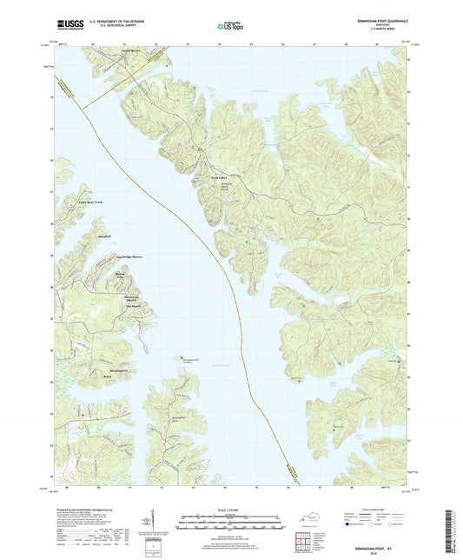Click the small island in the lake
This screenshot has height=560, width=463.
pos(171,355)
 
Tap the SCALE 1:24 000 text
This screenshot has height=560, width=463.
pos(231,510)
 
